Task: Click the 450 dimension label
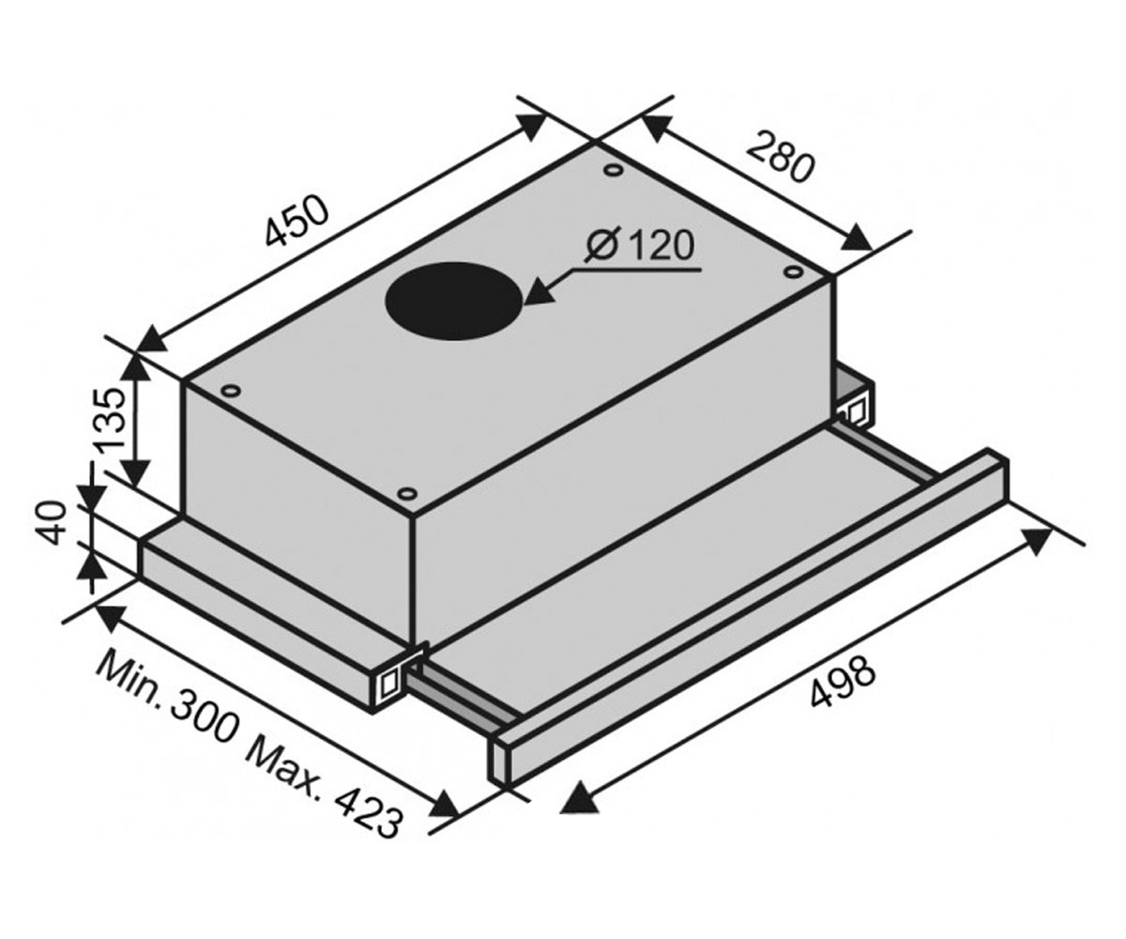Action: tap(297, 222)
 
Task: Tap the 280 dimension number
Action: tap(780, 157)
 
